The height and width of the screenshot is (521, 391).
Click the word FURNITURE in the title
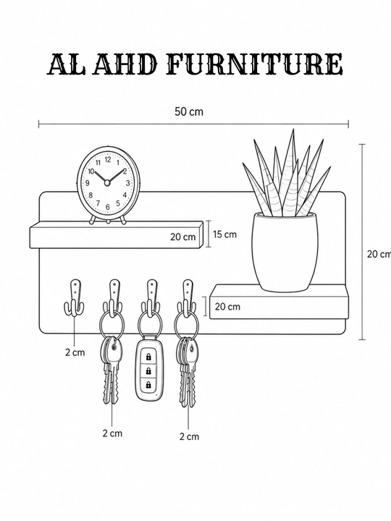[x=255, y=64]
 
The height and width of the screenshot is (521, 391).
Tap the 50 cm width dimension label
[x=189, y=111]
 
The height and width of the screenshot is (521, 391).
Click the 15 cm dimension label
[x=224, y=234]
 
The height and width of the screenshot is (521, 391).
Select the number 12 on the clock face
[x=108, y=159]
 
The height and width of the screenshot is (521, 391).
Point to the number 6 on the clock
[x=107, y=207]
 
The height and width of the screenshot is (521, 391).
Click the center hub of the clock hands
[x=107, y=182]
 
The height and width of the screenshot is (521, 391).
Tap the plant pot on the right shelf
[x=285, y=253]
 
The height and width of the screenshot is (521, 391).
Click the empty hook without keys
[x=74, y=297]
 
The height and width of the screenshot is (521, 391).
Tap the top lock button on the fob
[x=148, y=357]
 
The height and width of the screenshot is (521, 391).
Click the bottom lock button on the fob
[x=148, y=385]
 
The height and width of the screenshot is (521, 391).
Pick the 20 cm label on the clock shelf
[x=183, y=237]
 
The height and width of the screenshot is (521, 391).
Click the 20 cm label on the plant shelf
[x=227, y=306]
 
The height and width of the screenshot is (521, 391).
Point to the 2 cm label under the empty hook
[x=75, y=352]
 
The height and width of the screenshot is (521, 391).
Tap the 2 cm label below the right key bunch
[x=189, y=436]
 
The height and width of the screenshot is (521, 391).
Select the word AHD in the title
[x=125, y=64]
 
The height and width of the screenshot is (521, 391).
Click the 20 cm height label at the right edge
[x=379, y=254]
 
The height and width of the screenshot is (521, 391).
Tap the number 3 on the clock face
[x=127, y=183]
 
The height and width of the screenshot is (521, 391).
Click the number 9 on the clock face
[x=88, y=183]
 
